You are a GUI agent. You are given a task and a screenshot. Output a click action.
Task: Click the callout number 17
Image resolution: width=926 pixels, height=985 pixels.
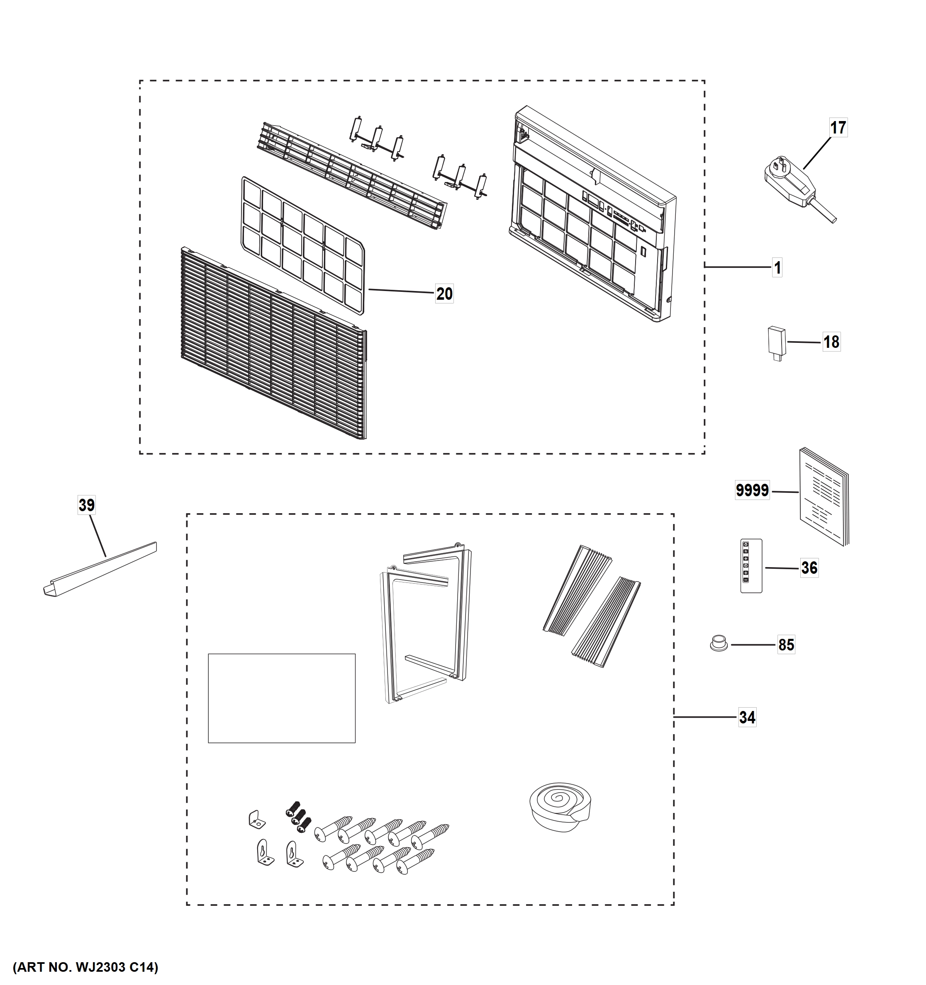pyautogui.click(x=838, y=128)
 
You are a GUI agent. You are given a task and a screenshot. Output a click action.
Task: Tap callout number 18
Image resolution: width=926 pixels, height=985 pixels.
pyautogui.click(x=831, y=342)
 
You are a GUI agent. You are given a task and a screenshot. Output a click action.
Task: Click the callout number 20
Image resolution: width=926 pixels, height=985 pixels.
pyautogui.click(x=444, y=294)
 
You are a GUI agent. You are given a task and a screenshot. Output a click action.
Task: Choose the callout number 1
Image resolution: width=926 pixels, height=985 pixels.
pyautogui.click(x=777, y=268)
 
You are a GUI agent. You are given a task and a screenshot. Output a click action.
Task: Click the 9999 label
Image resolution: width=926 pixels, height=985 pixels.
pyautogui.click(x=752, y=490)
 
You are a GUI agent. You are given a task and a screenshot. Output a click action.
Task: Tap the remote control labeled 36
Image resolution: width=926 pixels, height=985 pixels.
pyautogui.click(x=751, y=566)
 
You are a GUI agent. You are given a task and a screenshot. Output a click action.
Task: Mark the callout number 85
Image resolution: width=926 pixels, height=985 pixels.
pyautogui.click(x=786, y=645)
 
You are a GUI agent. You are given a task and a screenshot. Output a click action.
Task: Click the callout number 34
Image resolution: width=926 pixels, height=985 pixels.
pyautogui.click(x=747, y=718)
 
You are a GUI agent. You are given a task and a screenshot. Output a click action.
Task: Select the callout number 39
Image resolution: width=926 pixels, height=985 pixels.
pyautogui.click(x=86, y=505)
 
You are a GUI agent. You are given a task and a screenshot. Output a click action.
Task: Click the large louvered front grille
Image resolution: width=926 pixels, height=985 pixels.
pyautogui.click(x=273, y=342)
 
